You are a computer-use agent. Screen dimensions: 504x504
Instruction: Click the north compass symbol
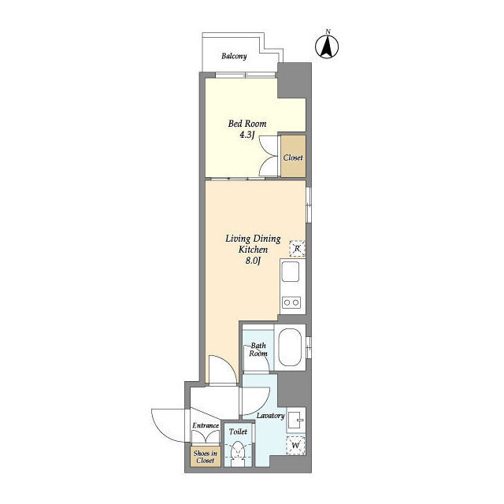(327, 47)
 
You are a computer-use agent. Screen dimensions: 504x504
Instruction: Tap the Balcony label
(234, 56)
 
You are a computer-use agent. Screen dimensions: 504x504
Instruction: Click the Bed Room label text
(247, 124)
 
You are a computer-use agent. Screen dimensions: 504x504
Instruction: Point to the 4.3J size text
(246, 135)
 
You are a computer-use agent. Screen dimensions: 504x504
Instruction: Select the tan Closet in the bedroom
(293, 156)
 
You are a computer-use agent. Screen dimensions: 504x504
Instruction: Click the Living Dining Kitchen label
(253, 244)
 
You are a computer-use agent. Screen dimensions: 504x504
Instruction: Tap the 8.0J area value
(253, 261)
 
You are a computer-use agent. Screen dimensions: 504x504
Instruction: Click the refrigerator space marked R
(297, 249)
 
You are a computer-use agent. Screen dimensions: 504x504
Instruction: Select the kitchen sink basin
(291, 271)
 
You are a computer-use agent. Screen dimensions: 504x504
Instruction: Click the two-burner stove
(291, 302)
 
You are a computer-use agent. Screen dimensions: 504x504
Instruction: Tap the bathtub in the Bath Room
(290, 347)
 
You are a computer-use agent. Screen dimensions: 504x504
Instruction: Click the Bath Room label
(258, 350)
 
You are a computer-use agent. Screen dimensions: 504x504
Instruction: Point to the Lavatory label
(270, 416)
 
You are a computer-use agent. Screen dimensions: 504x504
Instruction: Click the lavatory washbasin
(296, 418)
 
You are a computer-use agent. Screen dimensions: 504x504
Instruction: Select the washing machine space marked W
(296, 446)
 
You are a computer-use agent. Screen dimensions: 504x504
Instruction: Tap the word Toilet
(238, 432)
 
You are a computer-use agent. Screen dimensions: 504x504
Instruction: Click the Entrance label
(206, 425)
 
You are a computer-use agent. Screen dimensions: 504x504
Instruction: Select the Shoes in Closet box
(206, 457)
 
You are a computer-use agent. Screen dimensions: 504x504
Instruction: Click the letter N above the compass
(328, 31)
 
